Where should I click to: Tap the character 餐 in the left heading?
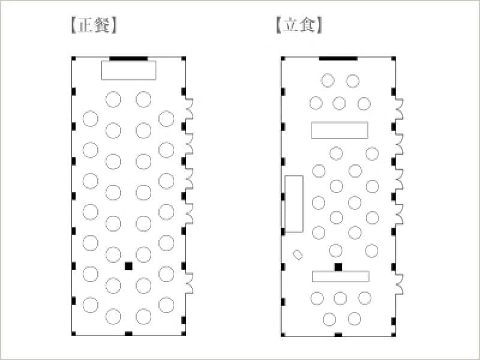pos(102,25)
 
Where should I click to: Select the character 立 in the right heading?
pos(290,25)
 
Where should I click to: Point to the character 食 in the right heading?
pos(307,25)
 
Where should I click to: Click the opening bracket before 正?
pos(73,25)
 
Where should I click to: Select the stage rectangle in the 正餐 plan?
pos(128,70)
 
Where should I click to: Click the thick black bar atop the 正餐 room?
pos(128,58)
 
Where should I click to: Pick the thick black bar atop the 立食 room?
pos(338,58)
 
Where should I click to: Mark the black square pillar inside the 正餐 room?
pos(128,266)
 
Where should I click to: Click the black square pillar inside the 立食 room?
pos(338,267)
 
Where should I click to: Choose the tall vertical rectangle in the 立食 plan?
pos(294,204)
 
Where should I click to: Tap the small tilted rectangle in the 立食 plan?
pos(298,254)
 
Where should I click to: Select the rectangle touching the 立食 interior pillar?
pos(341,277)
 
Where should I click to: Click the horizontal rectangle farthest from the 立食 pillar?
pos(340,130)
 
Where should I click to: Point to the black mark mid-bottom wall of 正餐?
pos(128,334)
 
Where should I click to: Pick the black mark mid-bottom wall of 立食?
pos(338,335)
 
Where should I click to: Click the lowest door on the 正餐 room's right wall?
pos(190,284)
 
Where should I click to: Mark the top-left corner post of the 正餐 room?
pos(73,59)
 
